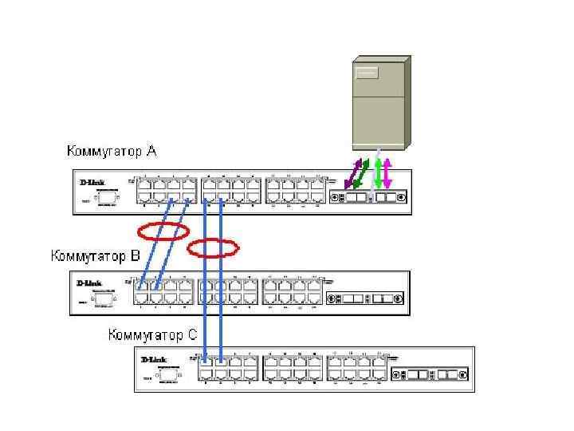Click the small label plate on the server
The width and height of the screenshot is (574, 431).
tap(366, 74)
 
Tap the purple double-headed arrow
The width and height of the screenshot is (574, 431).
tap(351, 174)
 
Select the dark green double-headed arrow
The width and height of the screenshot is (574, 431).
tap(361, 174)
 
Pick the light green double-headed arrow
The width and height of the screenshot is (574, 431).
tap(379, 174)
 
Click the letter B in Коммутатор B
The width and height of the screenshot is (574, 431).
tap(135, 256)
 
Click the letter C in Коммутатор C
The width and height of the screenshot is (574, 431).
tap(191, 334)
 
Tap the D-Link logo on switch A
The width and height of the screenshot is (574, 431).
tap(92, 183)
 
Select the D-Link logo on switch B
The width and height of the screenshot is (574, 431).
tap(88, 283)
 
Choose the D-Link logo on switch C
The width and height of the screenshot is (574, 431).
tap(154, 360)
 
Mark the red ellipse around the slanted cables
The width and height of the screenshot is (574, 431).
tap(163, 232)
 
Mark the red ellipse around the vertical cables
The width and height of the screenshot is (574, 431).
tap(213, 248)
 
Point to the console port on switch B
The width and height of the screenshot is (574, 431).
tap(101, 299)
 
